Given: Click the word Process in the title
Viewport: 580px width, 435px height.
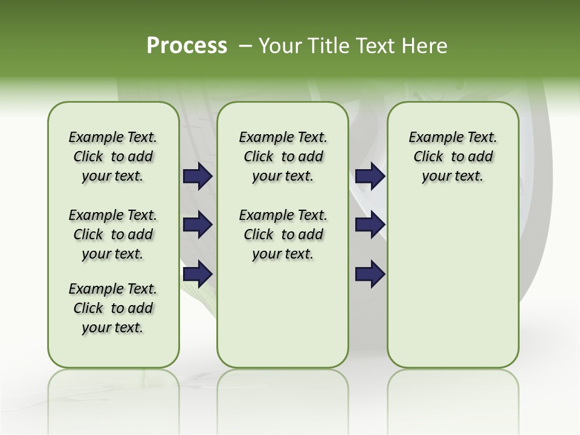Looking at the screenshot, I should tap(187, 46).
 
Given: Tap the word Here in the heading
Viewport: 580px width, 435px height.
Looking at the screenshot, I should tap(426, 46).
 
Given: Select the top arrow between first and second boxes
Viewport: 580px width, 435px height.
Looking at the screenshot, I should tap(198, 176).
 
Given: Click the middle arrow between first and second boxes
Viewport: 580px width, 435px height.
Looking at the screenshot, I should tap(198, 225).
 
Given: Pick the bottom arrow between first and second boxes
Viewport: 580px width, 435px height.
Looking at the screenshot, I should tap(198, 274).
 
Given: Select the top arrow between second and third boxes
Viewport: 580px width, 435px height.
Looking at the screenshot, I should tap(370, 176).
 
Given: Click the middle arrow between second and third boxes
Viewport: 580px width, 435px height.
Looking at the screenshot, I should tap(370, 225).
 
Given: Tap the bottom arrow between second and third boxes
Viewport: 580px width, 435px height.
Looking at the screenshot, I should tap(370, 274).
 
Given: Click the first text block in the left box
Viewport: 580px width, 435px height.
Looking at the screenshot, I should tap(113, 156).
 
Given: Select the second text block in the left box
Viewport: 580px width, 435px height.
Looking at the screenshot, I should tap(113, 234).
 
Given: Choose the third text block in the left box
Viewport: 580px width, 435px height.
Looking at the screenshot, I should tap(113, 308).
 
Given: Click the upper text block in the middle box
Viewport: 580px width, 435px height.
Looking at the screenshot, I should tap(283, 156).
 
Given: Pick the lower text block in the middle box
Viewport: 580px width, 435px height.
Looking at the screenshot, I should tap(283, 234).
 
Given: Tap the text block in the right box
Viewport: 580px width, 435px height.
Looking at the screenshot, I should tap(453, 156).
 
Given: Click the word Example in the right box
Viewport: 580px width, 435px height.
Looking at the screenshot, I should tap(432, 138).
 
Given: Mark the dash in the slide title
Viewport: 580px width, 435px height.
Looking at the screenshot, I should tap(245, 46).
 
